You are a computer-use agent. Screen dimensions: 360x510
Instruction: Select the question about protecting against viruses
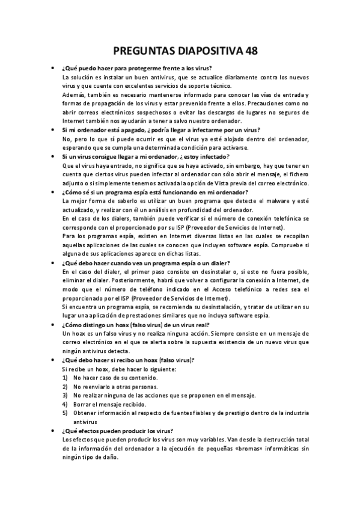(x=140, y=69)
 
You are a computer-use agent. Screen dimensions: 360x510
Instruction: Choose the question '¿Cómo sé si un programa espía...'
(x=155, y=192)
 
